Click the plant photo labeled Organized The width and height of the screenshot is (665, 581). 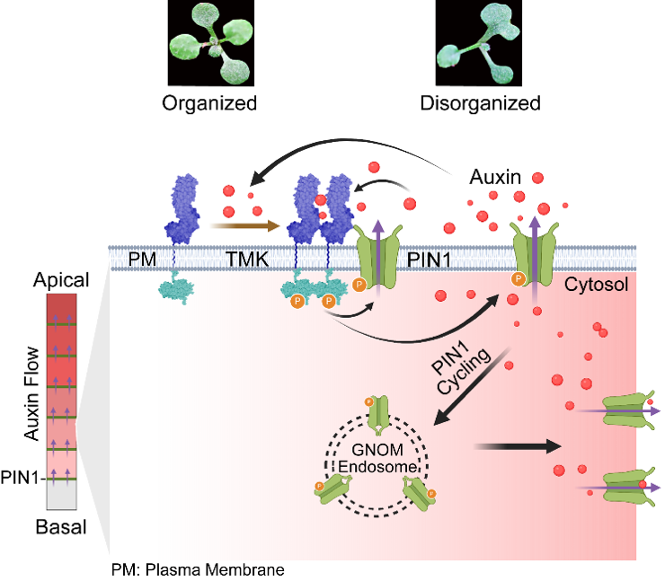(x=209, y=42)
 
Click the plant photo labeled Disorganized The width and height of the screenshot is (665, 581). (x=480, y=42)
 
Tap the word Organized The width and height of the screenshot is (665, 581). (x=209, y=103)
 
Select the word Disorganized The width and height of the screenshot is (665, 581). (x=480, y=103)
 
